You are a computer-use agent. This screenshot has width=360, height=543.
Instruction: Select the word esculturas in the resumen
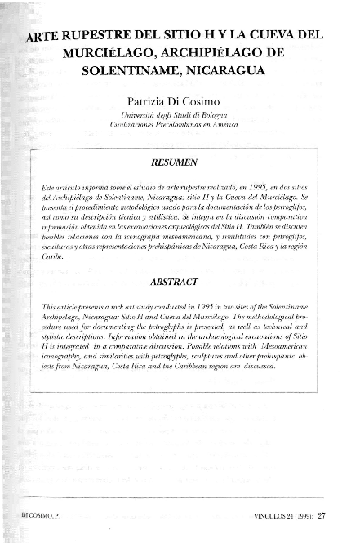[55, 244]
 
